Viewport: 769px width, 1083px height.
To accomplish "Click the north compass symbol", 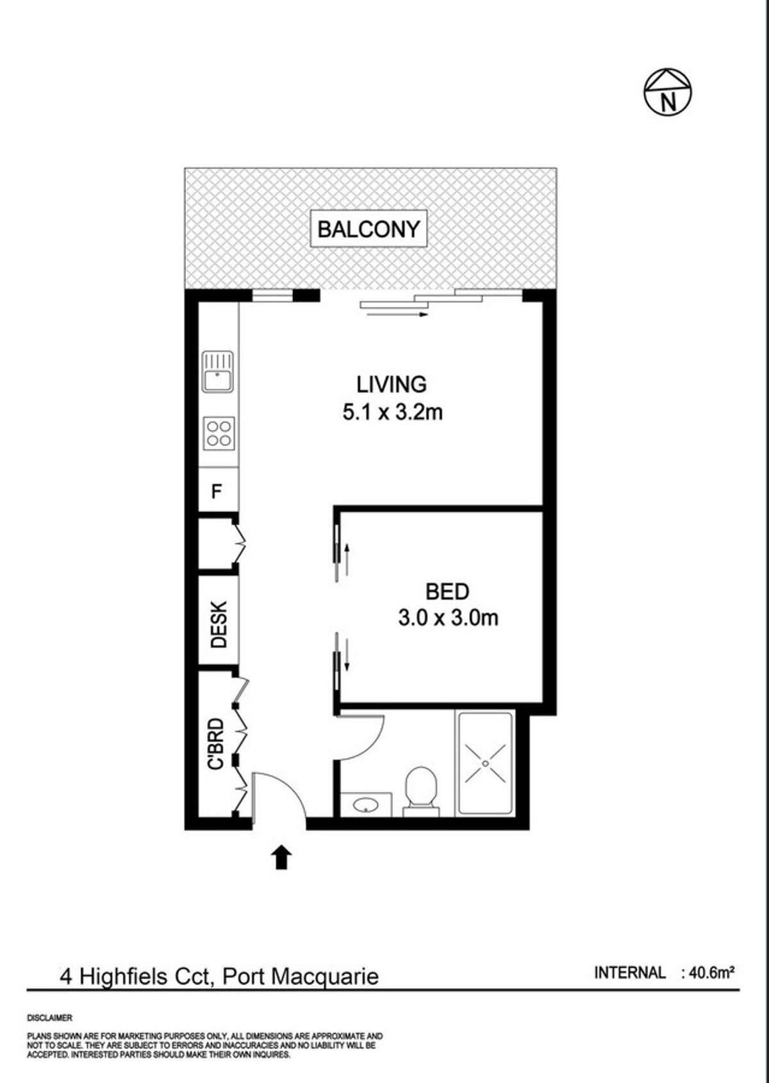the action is click(x=668, y=92).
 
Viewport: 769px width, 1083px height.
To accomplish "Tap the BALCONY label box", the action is click(x=368, y=229).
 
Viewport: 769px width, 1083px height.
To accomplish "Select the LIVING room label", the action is click(x=392, y=384).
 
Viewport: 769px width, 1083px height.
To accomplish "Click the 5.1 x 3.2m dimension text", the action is click(x=392, y=413).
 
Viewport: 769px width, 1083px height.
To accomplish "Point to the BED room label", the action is click(x=447, y=591).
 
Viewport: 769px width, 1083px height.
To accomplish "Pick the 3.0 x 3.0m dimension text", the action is click(x=448, y=618).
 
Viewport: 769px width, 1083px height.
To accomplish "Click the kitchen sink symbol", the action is click(x=218, y=371).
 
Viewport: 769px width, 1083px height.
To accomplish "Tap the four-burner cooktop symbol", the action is click(x=219, y=433).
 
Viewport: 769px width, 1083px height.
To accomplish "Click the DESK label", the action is click(x=219, y=624).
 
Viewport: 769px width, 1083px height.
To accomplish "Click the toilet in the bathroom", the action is click(x=420, y=793).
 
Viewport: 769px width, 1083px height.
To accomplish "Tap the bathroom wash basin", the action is click(x=366, y=805).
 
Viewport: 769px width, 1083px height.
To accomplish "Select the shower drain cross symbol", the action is click(x=485, y=764).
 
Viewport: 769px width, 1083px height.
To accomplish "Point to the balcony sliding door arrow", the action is click(x=397, y=315).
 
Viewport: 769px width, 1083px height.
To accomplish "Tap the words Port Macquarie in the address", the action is click(x=300, y=976).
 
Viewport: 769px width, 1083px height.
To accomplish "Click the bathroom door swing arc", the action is click(x=371, y=746).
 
